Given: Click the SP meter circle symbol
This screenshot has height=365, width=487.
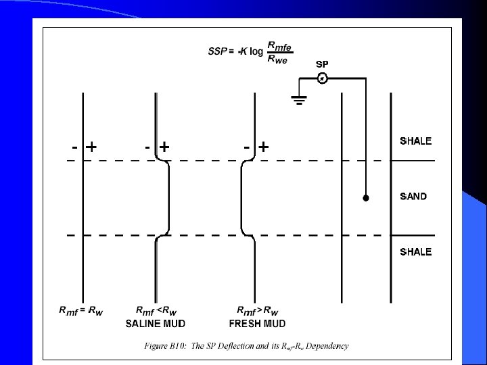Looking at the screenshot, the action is click(x=323, y=78).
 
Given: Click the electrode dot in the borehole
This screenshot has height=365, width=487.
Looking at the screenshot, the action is click(x=365, y=199).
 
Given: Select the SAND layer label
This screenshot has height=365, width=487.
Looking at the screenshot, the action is click(x=413, y=197).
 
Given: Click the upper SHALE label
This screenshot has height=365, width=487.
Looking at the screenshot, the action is click(x=415, y=141).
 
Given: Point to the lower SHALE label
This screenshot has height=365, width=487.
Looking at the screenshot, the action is click(x=415, y=252).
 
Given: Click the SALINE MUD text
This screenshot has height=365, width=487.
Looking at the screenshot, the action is click(x=156, y=323).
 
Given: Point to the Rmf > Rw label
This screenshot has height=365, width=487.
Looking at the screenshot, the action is click(x=258, y=311).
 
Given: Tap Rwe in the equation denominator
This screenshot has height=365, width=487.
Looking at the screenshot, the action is click(x=279, y=58).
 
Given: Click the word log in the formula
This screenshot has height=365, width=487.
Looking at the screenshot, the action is click(x=256, y=51).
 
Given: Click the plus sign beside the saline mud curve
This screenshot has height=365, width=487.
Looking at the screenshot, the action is click(x=164, y=146).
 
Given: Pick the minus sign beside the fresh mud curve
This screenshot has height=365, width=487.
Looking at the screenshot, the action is click(x=248, y=146).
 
